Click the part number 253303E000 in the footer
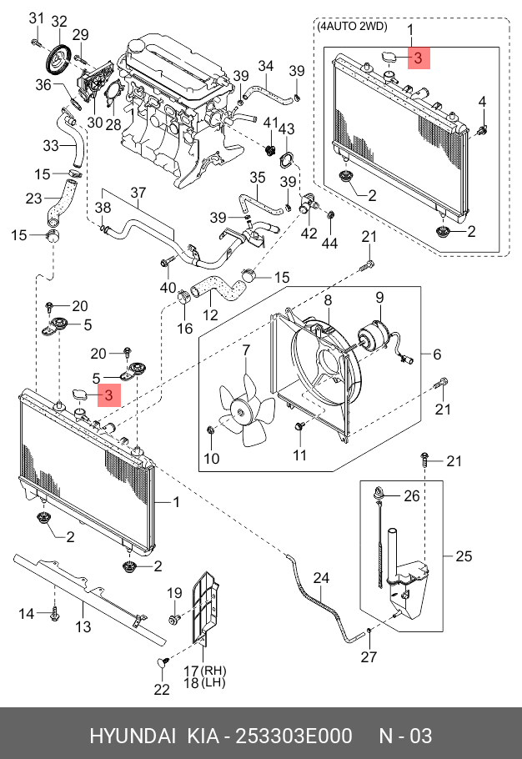(x=294, y=736)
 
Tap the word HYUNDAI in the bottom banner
(x=132, y=736)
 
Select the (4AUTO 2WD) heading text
(x=353, y=27)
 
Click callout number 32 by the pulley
(x=59, y=22)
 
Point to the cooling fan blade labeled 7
(x=246, y=411)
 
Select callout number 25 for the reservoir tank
(x=464, y=556)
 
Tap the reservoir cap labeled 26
(x=379, y=494)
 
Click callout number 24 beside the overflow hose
(x=321, y=578)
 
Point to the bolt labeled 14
(x=54, y=616)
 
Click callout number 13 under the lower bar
(x=83, y=626)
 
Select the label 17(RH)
(x=205, y=671)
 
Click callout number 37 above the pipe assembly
(x=138, y=193)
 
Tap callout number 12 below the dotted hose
(x=210, y=315)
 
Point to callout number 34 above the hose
(x=266, y=66)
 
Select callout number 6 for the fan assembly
(x=437, y=354)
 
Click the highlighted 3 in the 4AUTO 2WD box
(x=419, y=58)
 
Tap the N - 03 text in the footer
(x=405, y=736)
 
